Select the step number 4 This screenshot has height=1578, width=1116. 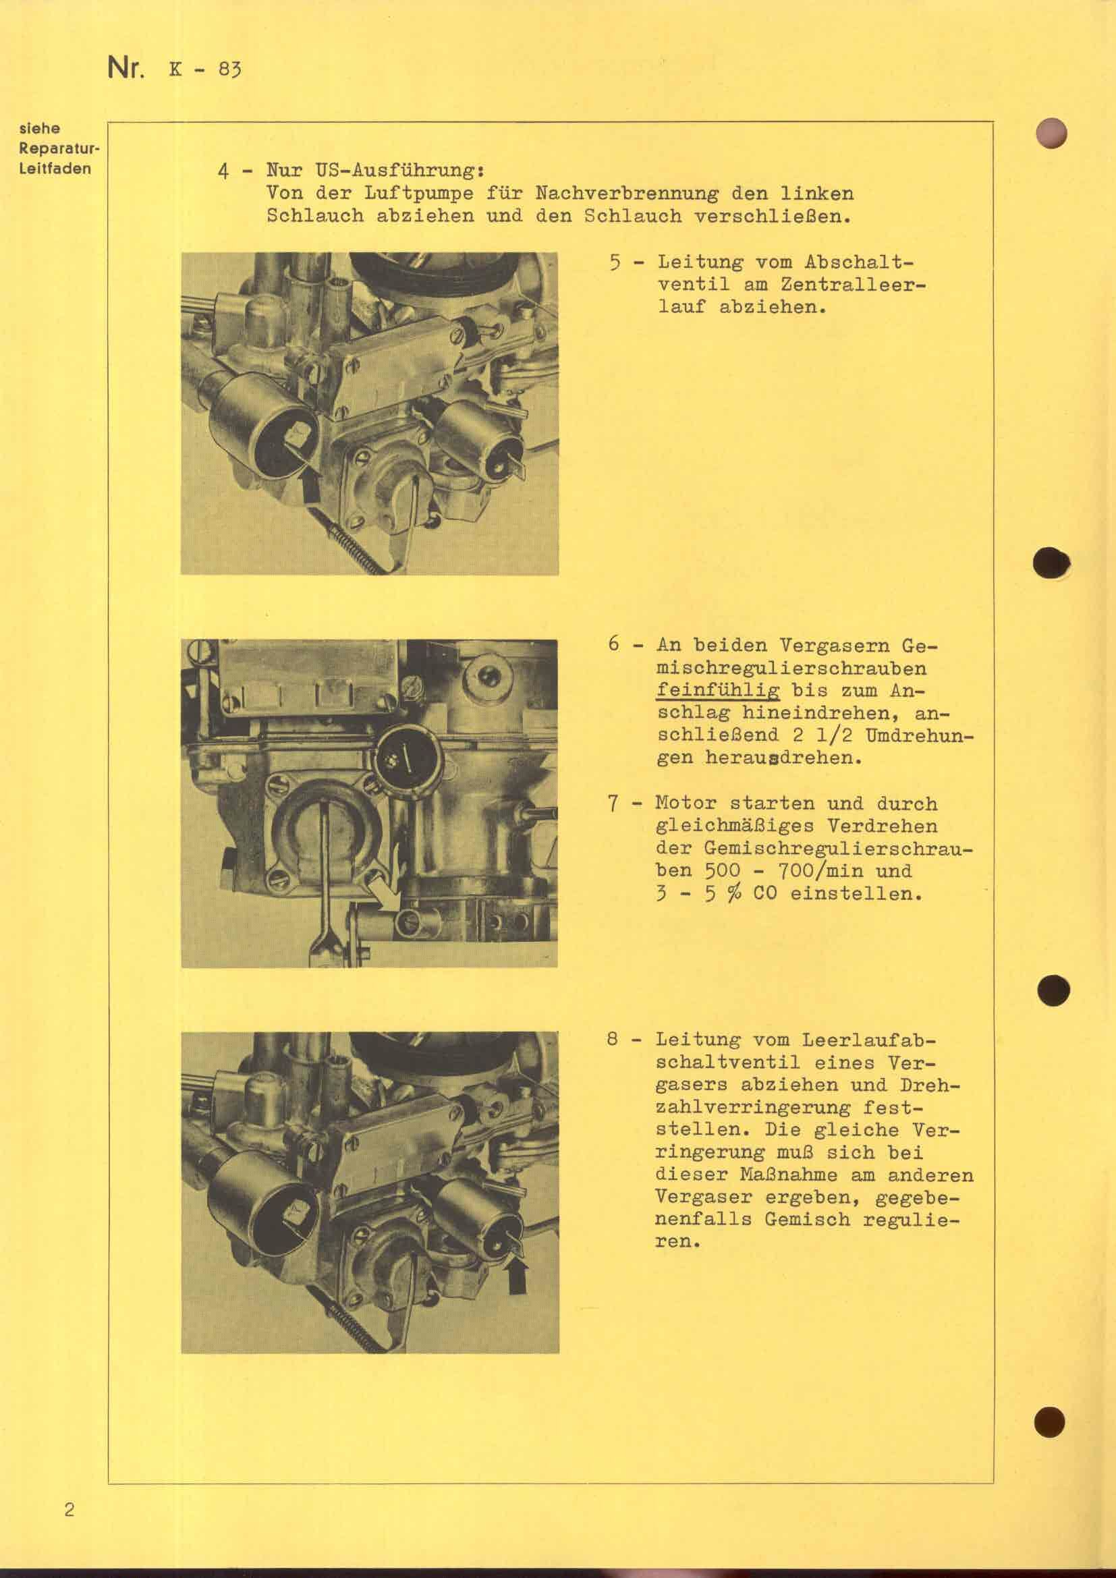tap(223, 171)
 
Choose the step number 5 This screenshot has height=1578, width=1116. tap(616, 263)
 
